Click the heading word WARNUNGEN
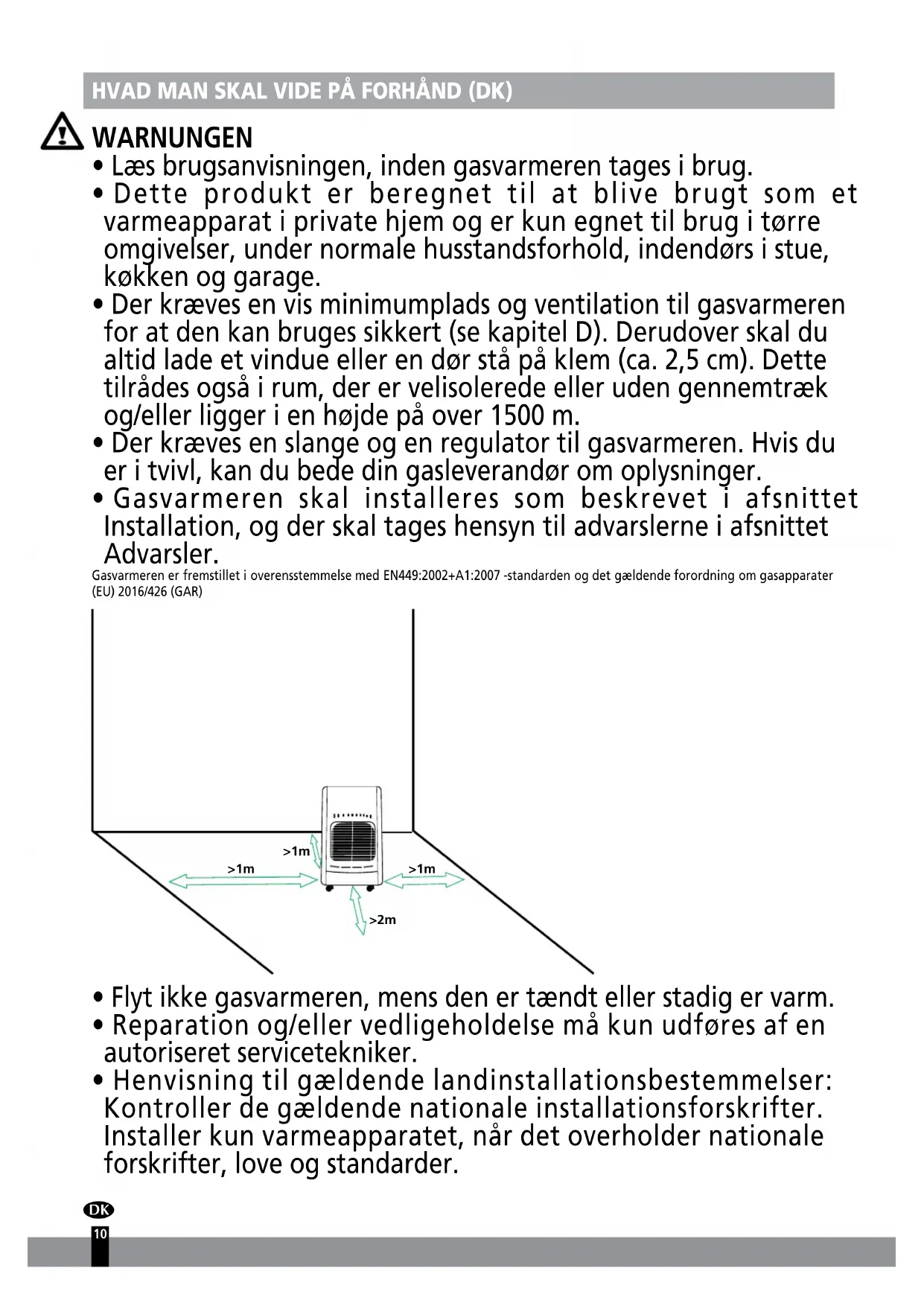click(x=172, y=138)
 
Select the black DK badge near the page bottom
click(x=99, y=1210)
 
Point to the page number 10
click(x=100, y=1234)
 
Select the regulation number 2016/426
click(x=141, y=593)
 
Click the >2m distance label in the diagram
click(x=383, y=920)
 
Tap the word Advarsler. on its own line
click(x=161, y=555)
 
